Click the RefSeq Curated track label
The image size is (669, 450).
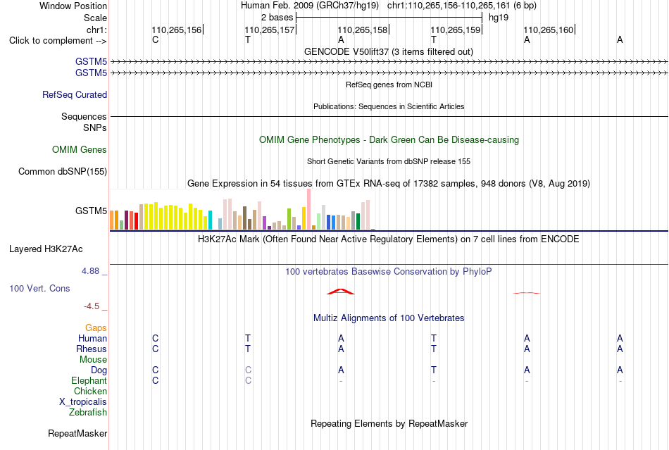(75, 94)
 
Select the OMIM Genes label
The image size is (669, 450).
(80, 150)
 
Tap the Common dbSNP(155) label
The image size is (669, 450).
(63, 171)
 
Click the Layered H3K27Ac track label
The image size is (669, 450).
(46, 249)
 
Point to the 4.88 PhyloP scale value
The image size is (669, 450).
(90, 271)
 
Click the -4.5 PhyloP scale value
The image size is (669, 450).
(92, 306)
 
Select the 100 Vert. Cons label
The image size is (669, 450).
(39, 288)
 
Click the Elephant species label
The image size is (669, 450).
(89, 380)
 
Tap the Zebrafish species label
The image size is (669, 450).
(88, 413)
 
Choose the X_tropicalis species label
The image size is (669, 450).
(83, 402)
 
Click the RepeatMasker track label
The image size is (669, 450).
(77, 433)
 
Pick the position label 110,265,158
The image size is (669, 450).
(363, 30)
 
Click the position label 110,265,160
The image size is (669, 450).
(549, 30)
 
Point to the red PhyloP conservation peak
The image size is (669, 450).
(340, 292)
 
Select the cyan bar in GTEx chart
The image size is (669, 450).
(210, 220)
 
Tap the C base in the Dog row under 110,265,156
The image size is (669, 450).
(156, 370)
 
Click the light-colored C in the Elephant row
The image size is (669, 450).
(249, 380)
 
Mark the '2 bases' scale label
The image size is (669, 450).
(277, 18)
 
